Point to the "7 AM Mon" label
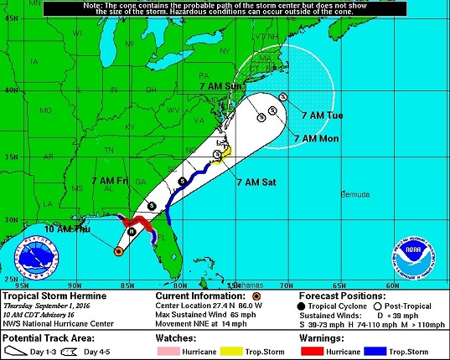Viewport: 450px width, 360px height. (x=316, y=137)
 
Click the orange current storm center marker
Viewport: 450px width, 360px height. (x=119, y=250)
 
